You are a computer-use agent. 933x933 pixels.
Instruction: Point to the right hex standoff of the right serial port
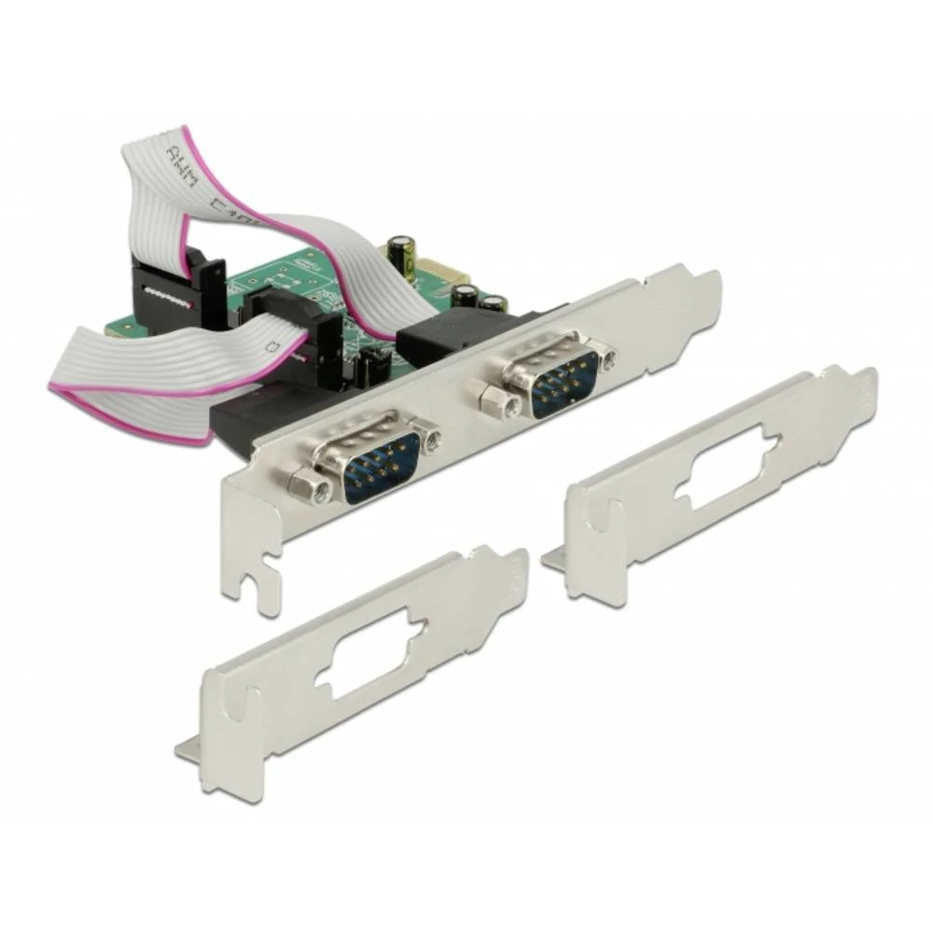pyautogui.click(x=606, y=357)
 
